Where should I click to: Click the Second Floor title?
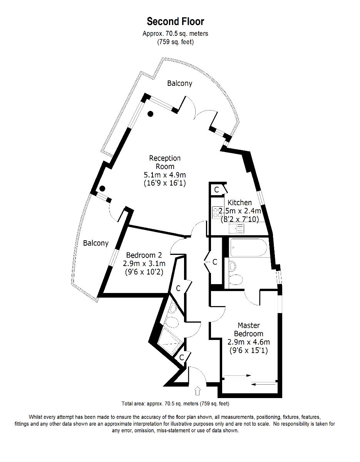(175, 21)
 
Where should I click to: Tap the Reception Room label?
(165, 162)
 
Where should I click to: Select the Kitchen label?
(239, 203)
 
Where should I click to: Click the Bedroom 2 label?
(144, 255)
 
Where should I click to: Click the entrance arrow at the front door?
(198, 391)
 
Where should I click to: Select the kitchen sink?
(235, 229)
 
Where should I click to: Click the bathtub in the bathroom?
(248, 247)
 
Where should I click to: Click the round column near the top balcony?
(151, 114)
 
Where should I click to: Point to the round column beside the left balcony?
(102, 189)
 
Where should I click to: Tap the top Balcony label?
(179, 83)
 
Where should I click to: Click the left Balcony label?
(96, 243)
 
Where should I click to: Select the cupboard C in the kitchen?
(217, 189)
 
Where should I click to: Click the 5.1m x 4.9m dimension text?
(165, 175)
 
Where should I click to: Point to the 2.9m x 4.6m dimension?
(248, 342)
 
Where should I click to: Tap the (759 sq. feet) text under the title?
(175, 42)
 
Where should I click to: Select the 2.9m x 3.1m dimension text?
(144, 264)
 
